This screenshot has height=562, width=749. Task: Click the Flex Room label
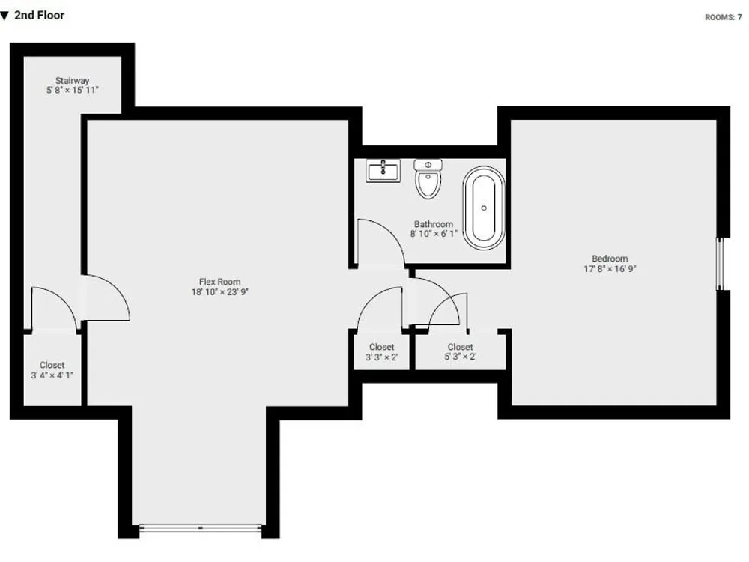click(x=219, y=282)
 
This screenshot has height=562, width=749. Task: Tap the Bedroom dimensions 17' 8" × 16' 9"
click(x=610, y=268)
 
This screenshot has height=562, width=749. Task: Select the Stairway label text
click(x=72, y=81)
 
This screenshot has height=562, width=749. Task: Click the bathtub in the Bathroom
click(x=483, y=208)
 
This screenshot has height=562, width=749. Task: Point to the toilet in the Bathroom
click(x=428, y=179)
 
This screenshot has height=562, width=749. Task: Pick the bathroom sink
click(x=383, y=171)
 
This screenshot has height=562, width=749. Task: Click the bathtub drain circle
click(x=484, y=208)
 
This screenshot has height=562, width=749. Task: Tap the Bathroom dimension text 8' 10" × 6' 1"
click(x=434, y=234)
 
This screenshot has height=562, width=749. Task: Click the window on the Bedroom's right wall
click(x=720, y=264)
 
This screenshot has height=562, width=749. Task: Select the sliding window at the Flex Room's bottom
click(x=200, y=528)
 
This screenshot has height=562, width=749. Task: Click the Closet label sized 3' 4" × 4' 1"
click(x=52, y=370)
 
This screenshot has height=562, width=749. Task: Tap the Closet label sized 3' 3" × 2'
click(x=382, y=351)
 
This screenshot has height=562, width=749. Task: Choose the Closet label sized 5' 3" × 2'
click(x=461, y=351)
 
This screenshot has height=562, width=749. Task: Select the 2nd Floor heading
click(x=39, y=16)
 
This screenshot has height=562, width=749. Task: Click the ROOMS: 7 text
click(x=724, y=18)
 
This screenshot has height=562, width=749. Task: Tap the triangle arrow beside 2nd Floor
click(x=4, y=16)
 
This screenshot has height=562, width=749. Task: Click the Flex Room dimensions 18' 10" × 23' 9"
click(x=220, y=292)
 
